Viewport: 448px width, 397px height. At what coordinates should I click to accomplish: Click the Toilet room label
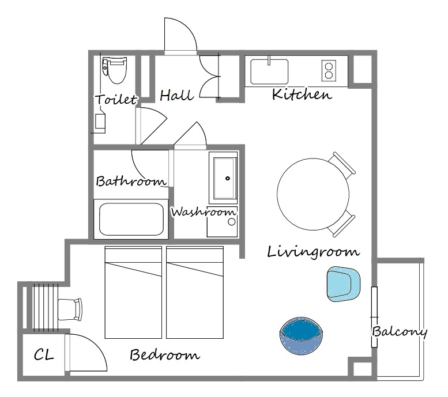pyautogui.click(x=116, y=99)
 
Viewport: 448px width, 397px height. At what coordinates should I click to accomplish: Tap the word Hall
pyautogui.click(x=176, y=95)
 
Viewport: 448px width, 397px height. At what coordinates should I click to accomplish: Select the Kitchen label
pyautogui.click(x=302, y=94)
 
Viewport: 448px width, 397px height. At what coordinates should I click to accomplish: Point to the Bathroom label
pyautogui.click(x=131, y=181)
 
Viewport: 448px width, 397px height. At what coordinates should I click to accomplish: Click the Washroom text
pyautogui.click(x=204, y=212)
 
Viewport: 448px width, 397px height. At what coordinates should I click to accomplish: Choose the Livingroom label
pyautogui.click(x=314, y=252)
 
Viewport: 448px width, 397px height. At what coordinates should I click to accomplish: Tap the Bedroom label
pyautogui.click(x=165, y=355)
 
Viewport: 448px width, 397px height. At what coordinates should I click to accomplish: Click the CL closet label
pyautogui.click(x=44, y=355)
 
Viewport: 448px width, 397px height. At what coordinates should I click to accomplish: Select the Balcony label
pyautogui.click(x=399, y=331)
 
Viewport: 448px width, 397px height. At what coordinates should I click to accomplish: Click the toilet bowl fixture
pyautogui.click(x=115, y=70)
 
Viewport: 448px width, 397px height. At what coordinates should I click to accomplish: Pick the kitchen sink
pyautogui.click(x=269, y=71)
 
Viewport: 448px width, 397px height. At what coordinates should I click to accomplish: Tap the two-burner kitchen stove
pyautogui.click(x=329, y=70)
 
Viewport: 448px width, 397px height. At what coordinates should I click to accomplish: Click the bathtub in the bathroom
pyautogui.click(x=131, y=219)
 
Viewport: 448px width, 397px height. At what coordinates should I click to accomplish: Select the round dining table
pyautogui.click(x=313, y=194)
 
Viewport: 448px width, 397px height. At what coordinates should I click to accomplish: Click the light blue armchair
pyautogui.click(x=344, y=284)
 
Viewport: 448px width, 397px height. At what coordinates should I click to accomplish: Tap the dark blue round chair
pyautogui.click(x=302, y=335)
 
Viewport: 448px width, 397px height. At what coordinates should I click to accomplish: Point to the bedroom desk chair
pyautogui.click(x=70, y=309)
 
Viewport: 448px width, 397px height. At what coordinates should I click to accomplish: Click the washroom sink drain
pyautogui.click(x=228, y=179)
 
